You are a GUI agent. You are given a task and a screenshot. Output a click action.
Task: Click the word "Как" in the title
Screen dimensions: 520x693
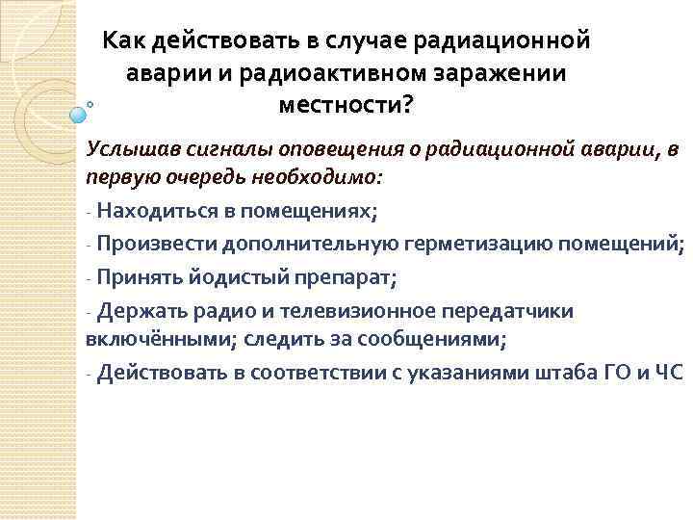124,40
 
